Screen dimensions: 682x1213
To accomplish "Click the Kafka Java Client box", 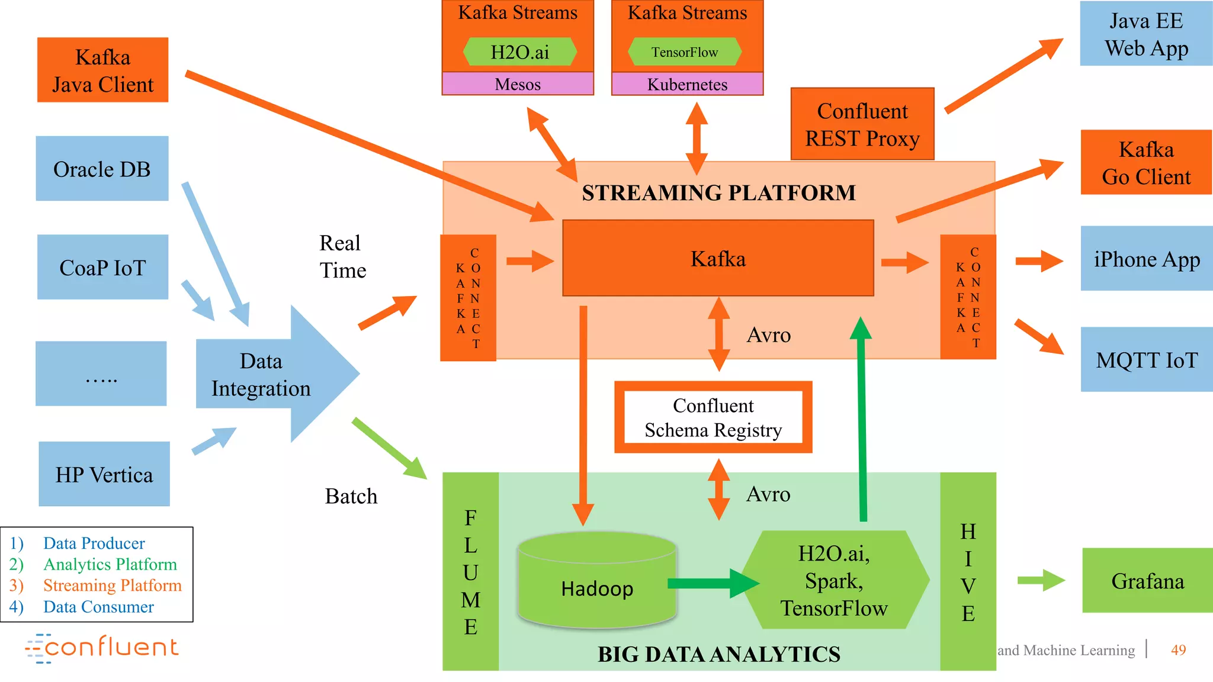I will [x=102, y=70].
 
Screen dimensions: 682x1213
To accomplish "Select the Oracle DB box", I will [x=102, y=169].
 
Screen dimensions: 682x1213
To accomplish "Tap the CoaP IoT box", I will [x=102, y=267].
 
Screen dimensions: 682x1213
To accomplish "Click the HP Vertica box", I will [x=104, y=474].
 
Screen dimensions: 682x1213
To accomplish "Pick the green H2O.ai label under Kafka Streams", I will [x=519, y=52].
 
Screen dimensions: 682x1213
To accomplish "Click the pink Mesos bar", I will [x=518, y=84].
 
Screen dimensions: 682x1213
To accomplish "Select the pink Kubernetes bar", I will [x=687, y=84].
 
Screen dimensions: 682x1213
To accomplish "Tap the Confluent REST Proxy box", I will [x=862, y=124].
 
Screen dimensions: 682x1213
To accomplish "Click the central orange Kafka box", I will [x=718, y=259].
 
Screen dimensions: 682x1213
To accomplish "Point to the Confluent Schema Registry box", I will [x=713, y=417].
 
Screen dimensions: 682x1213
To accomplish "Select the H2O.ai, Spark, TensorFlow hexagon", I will [x=834, y=580].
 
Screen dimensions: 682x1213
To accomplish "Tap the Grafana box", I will [x=1147, y=581].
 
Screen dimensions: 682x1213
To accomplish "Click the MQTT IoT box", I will [x=1147, y=360].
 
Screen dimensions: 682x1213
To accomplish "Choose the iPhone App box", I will [x=1147, y=259].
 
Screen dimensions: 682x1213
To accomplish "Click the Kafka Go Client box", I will [x=1146, y=163].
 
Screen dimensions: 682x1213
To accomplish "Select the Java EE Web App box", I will [x=1146, y=34].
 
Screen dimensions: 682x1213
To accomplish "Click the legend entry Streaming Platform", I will [x=112, y=585].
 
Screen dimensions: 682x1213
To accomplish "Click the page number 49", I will [x=1178, y=650].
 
